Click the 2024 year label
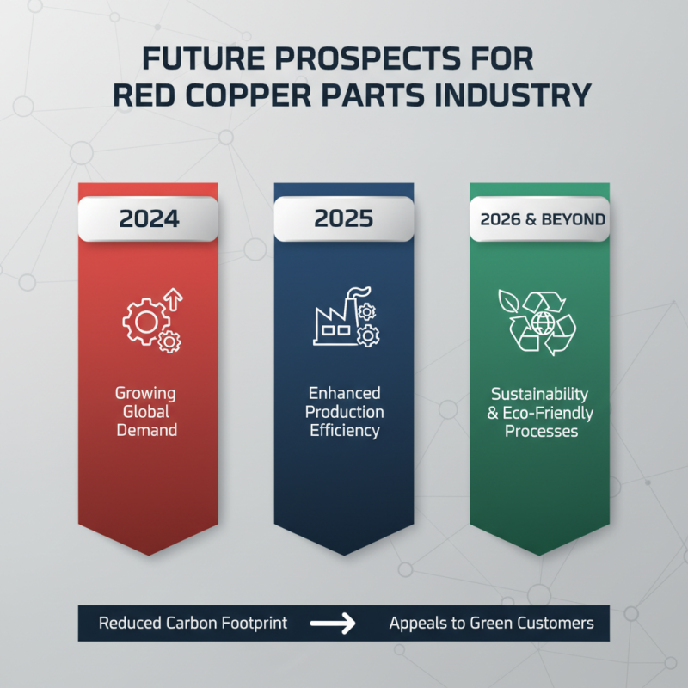pyautogui.click(x=149, y=218)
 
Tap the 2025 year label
pyautogui.click(x=344, y=218)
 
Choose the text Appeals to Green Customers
pyautogui.click(x=491, y=623)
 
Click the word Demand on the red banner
pyautogui.click(x=147, y=430)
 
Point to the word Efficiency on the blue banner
pyautogui.click(x=345, y=431)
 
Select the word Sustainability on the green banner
pyautogui.click(x=540, y=394)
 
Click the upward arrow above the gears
pyautogui.click(x=175, y=298)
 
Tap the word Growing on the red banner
pyautogui.click(x=145, y=394)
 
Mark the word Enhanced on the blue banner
pyautogui.click(x=345, y=394)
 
